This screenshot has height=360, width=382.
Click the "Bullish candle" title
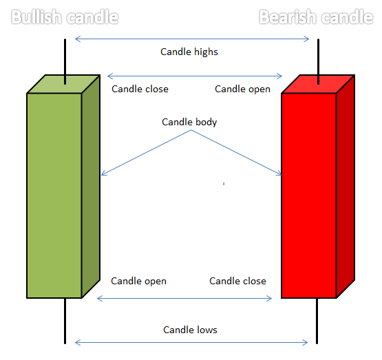[65, 17]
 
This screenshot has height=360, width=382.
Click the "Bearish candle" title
[316, 17]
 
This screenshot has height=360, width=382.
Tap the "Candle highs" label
[189, 52]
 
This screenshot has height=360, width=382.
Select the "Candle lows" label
[190, 330]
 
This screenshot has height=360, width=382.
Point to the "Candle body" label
[189, 123]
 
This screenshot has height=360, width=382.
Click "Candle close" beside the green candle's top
[140, 89]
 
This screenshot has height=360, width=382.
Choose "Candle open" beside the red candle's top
[242, 89]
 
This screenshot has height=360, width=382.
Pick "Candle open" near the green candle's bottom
[138, 282]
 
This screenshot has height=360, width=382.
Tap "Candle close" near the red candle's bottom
[237, 281]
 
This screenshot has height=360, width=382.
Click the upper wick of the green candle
[65, 62]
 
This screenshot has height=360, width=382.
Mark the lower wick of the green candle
[65, 321]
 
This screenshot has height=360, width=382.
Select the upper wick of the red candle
[318, 62]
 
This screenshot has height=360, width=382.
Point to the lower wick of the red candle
[317, 321]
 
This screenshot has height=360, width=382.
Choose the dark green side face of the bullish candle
[91, 187]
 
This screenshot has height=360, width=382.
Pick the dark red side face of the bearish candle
[346, 187]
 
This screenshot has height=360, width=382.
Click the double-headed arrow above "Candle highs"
[192, 39]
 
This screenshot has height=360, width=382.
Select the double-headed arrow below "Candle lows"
[191, 343]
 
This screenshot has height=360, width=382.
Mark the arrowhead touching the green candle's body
[103, 173]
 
